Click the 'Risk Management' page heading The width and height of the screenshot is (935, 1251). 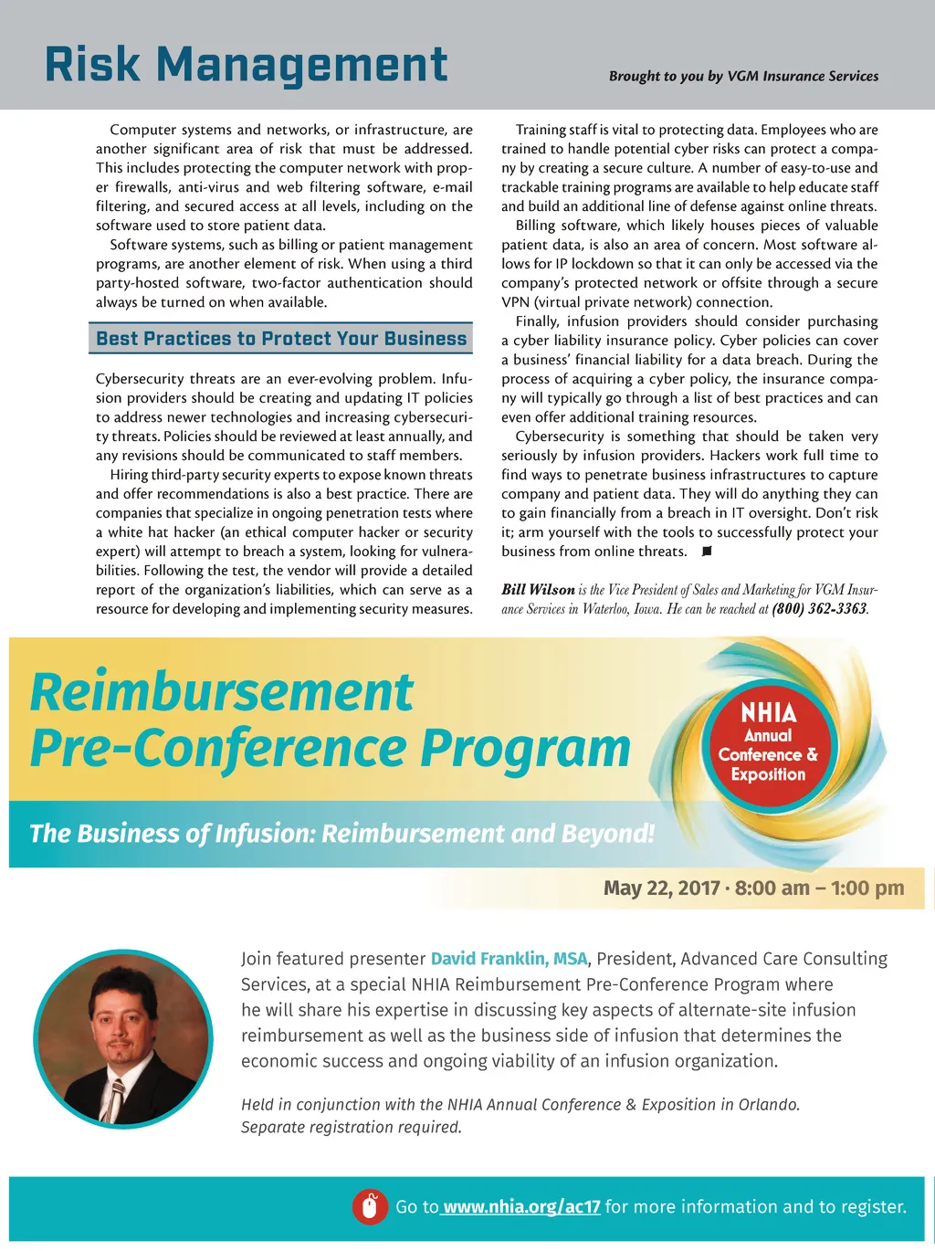[x=246, y=65]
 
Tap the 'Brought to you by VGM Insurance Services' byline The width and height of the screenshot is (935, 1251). [x=743, y=76]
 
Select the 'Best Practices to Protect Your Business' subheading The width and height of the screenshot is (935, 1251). [x=281, y=339]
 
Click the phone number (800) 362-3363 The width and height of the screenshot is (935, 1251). [x=819, y=608]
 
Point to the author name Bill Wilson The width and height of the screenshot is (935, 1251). [x=538, y=590]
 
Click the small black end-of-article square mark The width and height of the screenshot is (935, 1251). [x=706, y=552]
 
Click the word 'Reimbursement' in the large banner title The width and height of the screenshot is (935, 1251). [x=222, y=691]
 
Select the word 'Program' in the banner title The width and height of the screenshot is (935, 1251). [x=525, y=749]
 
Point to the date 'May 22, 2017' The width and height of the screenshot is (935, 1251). [x=661, y=888]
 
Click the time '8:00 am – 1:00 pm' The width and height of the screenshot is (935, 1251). [x=819, y=888]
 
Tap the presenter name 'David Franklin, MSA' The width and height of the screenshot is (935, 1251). [x=509, y=959]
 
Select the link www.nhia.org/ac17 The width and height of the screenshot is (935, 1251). [x=521, y=1206]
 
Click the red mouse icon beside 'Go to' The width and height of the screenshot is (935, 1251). [x=370, y=1206]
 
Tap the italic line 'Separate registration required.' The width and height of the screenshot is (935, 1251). [x=352, y=1127]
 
